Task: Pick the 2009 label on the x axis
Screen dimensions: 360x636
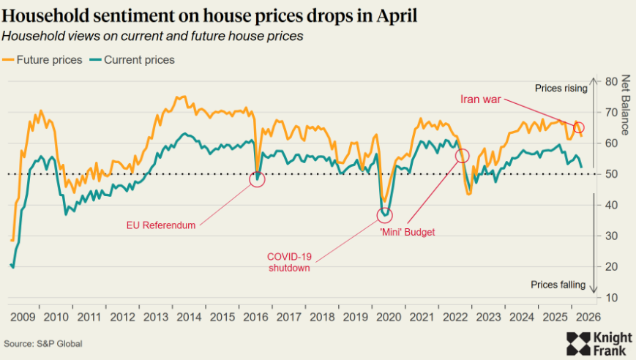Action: [x=22, y=317]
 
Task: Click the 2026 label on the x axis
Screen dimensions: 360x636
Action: [x=588, y=317]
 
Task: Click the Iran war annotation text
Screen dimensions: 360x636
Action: [x=481, y=100]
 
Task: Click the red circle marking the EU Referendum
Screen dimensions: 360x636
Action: [x=257, y=179]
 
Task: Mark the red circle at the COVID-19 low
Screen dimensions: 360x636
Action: [x=385, y=215]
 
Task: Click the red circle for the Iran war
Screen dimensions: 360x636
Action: [x=579, y=128]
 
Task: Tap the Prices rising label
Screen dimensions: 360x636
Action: [x=561, y=89]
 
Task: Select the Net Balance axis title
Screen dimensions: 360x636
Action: [x=625, y=105]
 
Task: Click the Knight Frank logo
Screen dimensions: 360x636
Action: [x=598, y=343]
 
